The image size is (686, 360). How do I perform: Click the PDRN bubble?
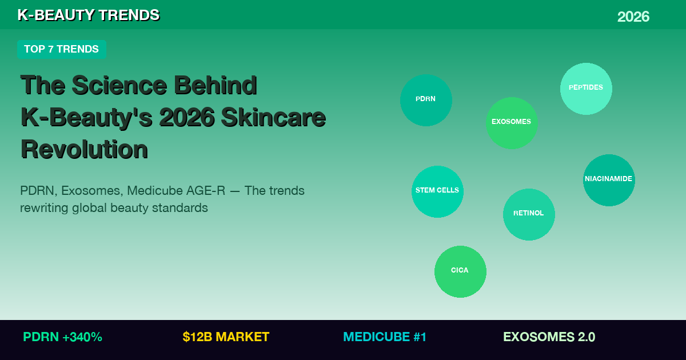(426, 100)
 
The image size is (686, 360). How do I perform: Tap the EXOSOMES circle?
(512, 123)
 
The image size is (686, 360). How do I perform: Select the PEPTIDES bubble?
(586, 89)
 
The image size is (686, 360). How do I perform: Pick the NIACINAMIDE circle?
(609, 180)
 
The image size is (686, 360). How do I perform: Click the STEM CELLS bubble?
(437, 191)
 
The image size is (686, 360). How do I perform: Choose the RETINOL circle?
(529, 214)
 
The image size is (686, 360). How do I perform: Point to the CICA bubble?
(460, 271)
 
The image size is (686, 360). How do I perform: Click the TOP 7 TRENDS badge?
(61, 49)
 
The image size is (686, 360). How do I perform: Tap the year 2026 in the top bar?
(633, 17)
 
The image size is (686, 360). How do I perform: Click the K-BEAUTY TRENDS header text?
(88, 15)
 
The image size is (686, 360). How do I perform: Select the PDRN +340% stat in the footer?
(62, 337)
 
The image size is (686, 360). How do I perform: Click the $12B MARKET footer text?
(226, 337)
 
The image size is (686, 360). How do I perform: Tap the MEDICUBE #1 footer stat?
(385, 337)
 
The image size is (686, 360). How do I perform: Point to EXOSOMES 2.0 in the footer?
(549, 337)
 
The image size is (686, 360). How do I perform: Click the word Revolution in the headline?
(84, 149)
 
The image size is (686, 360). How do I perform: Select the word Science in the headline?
(119, 85)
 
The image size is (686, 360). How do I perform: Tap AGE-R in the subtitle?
(205, 191)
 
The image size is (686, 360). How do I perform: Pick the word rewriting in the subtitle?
(44, 208)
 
